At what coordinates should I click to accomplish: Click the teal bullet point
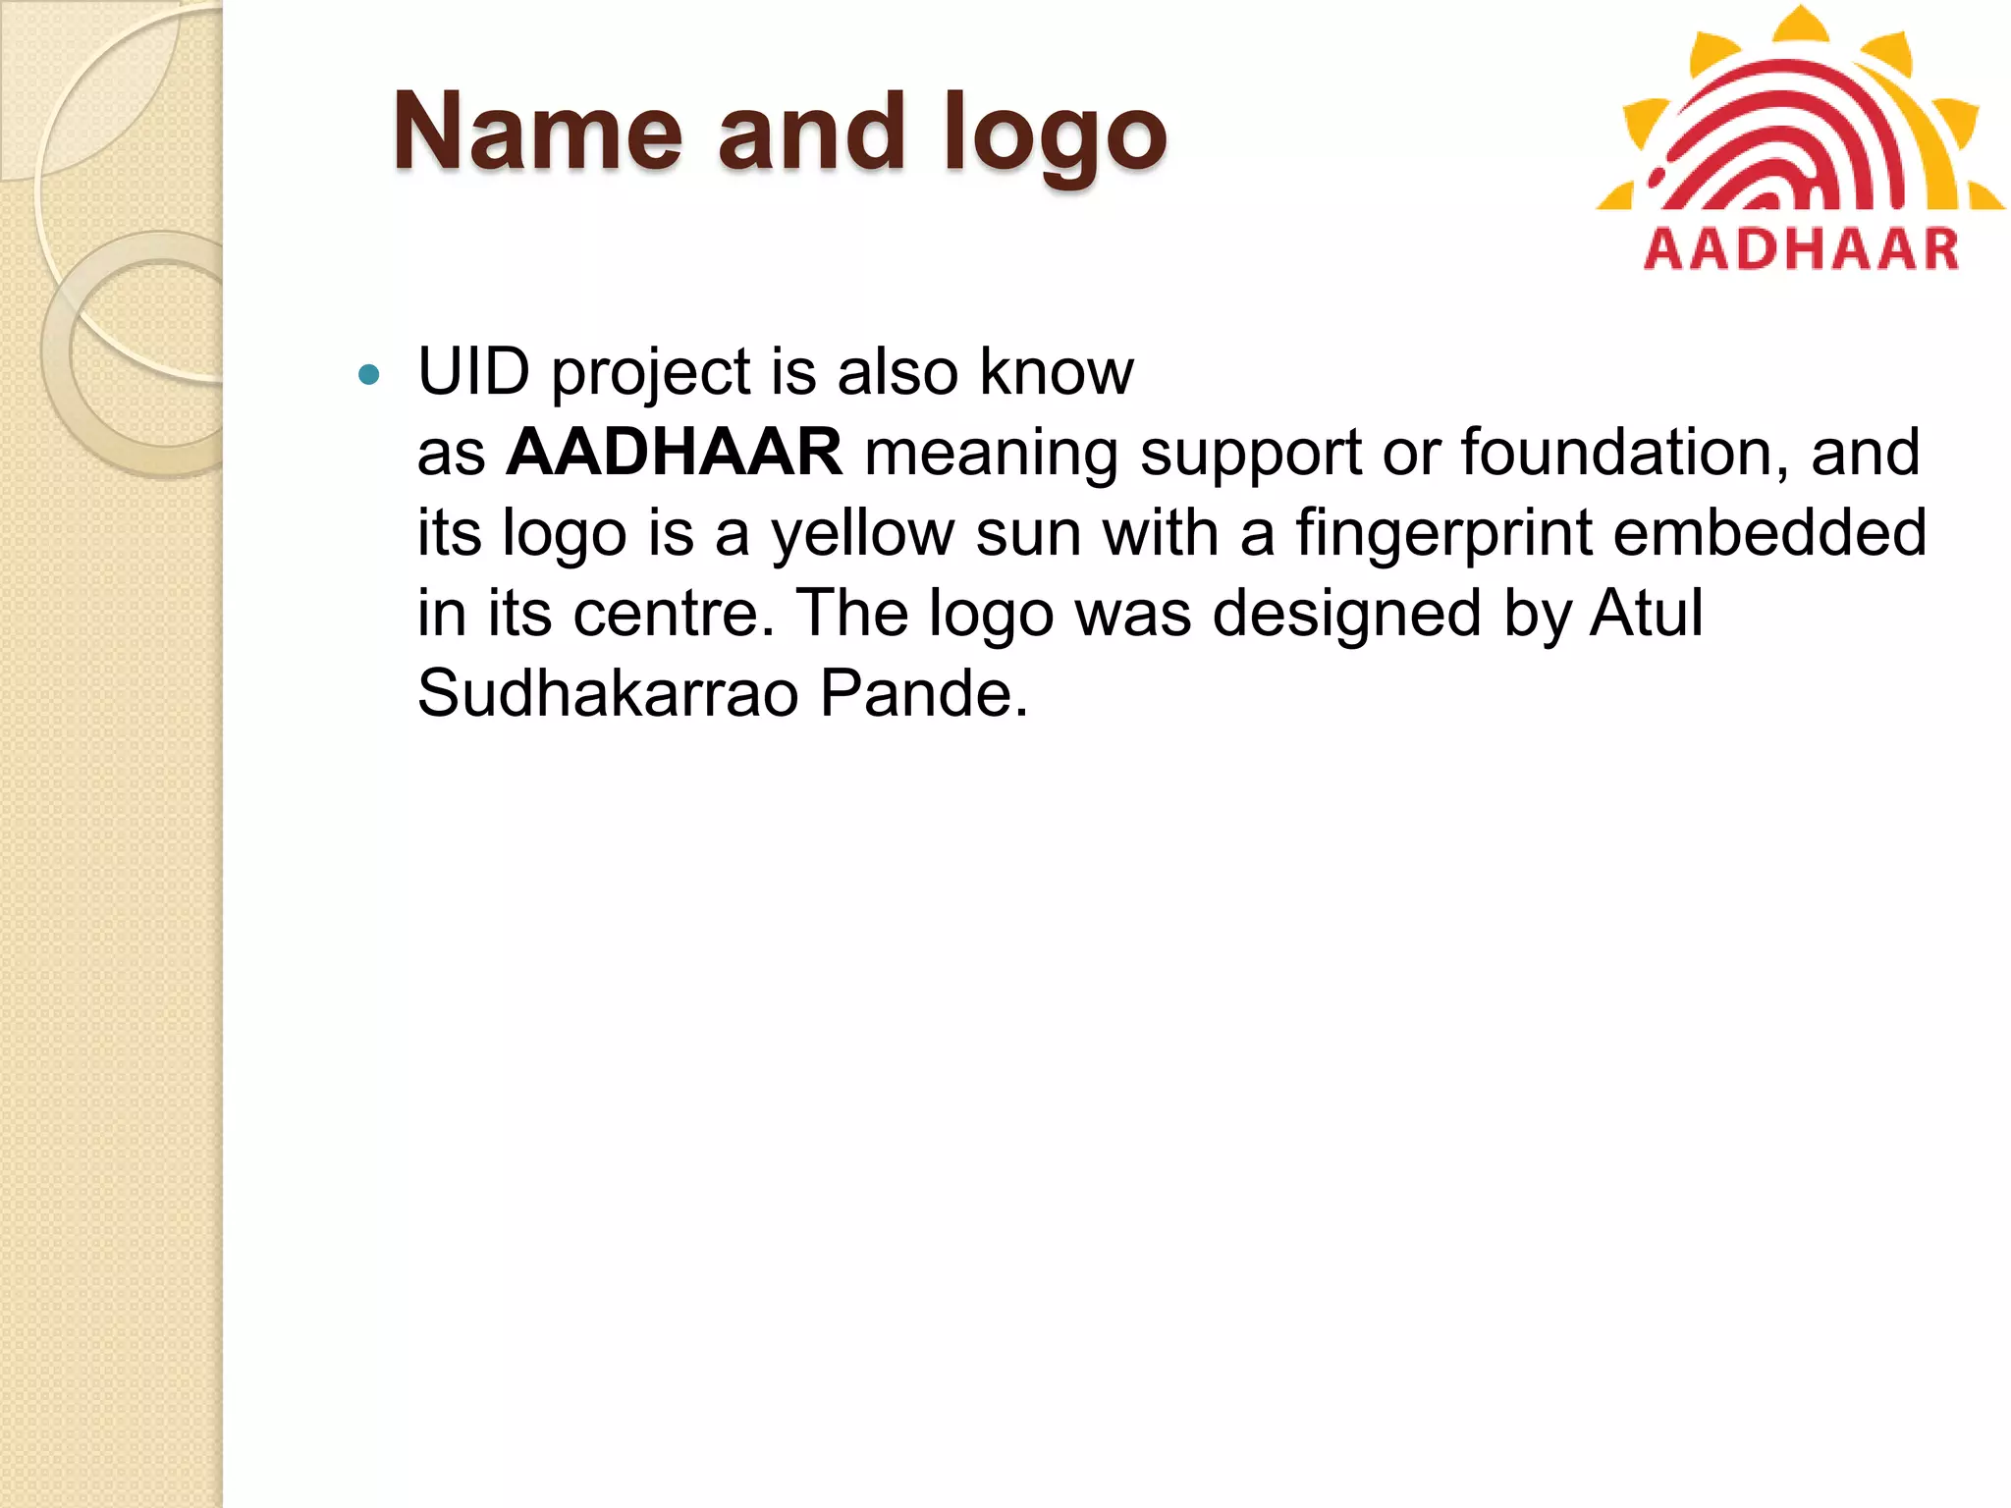369,374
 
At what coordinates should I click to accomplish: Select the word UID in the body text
473,372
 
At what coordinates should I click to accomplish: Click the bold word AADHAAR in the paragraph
674,453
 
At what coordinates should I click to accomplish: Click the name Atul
1647,614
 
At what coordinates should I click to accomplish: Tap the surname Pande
923,694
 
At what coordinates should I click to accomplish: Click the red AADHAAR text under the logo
1801,248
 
